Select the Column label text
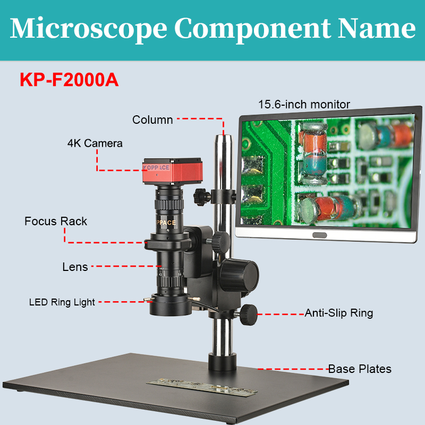pos(152,120)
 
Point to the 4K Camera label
pos(95,143)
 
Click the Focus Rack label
pos(56,222)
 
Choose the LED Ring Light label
pos(62,303)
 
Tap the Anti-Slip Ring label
pos(338,313)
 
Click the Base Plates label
pos(359,369)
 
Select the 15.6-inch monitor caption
pos(304,104)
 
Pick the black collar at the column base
pos(223,363)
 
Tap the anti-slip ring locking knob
pos(248,314)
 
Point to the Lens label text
pos(75,267)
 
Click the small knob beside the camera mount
pos(201,194)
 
